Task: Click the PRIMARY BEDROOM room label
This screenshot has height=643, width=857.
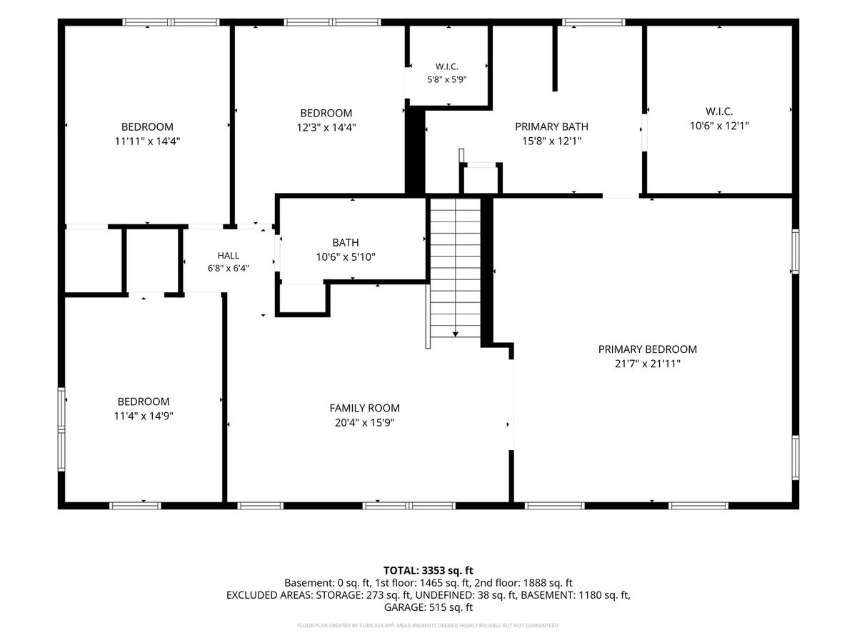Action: click(x=647, y=349)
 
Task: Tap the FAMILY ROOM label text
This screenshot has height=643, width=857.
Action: click(x=364, y=408)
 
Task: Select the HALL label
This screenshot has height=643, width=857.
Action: click(x=229, y=255)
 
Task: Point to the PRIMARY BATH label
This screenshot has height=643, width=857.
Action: click(x=551, y=126)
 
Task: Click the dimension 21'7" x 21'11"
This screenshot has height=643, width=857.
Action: click(x=647, y=364)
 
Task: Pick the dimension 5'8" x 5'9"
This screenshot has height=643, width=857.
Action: click(x=447, y=79)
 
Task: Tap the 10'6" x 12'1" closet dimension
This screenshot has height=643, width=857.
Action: click(x=719, y=126)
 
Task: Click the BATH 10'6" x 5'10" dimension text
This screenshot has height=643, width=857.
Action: click(x=346, y=257)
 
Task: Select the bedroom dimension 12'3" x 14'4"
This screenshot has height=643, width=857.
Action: click(x=326, y=127)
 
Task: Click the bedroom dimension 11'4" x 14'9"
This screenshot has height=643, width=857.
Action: click(x=144, y=416)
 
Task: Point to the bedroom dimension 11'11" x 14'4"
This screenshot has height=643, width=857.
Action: click(x=147, y=141)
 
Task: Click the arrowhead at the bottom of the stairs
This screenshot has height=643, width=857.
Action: click(x=455, y=334)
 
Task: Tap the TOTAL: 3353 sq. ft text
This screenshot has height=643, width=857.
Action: click(x=428, y=570)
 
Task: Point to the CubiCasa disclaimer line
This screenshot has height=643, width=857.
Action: click(x=428, y=625)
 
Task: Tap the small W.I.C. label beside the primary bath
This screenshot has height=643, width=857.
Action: click(x=447, y=66)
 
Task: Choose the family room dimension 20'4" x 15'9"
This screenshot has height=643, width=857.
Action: click(x=364, y=422)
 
